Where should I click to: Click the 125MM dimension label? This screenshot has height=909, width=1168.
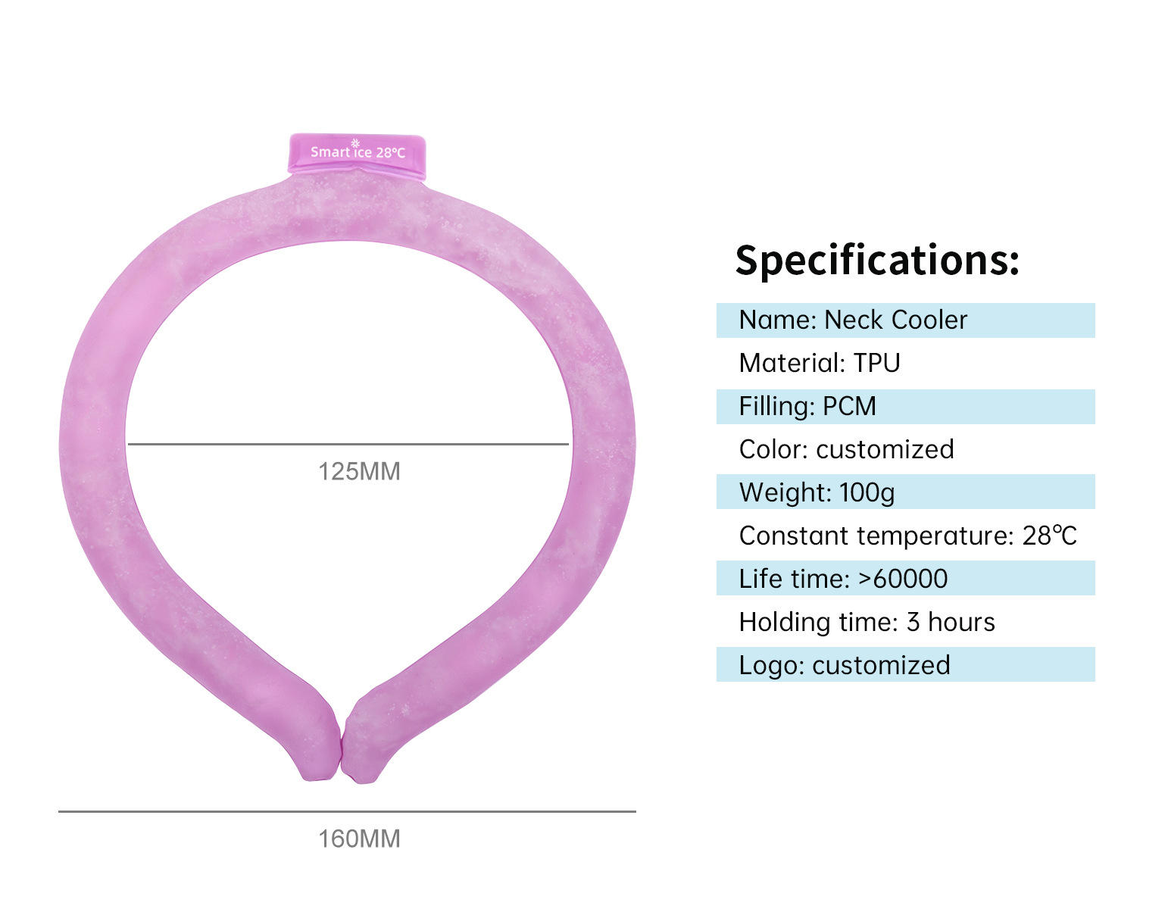pyautogui.click(x=359, y=471)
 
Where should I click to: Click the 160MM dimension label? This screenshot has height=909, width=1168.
pyautogui.click(x=359, y=839)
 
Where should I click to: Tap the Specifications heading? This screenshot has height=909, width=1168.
pyautogui.click(x=877, y=260)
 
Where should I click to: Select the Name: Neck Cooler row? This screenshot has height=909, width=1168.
pyautogui.click(x=905, y=320)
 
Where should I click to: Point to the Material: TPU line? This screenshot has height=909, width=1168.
pyautogui.click(x=820, y=363)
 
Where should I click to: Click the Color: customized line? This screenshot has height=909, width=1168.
pyautogui.click(x=846, y=449)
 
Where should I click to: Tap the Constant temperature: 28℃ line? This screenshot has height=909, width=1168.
pyautogui.click(x=907, y=536)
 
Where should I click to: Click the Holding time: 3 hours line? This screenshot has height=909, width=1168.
pyautogui.click(x=867, y=622)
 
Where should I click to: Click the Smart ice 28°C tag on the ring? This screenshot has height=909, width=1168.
pyautogui.click(x=358, y=153)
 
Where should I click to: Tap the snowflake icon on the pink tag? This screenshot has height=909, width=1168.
pyautogui.click(x=355, y=142)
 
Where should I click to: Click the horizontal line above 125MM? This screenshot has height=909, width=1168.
pyautogui.click(x=348, y=444)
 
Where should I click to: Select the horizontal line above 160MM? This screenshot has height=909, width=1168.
pyautogui.click(x=347, y=811)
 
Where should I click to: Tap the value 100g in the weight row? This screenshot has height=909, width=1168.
pyautogui.click(x=867, y=492)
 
